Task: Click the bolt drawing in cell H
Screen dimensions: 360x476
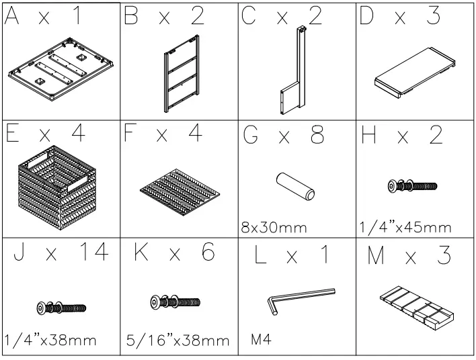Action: (x=413, y=186)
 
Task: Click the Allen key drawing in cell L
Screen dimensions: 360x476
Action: (x=300, y=299)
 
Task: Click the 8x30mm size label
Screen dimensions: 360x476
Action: (x=274, y=227)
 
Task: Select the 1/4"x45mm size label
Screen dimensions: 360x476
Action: (x=405, y=227)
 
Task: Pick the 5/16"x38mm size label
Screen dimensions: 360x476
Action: (x=177, y=341)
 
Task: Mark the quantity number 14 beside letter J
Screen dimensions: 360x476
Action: (x=93, y=254)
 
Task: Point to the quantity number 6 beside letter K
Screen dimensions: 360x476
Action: (x=206, y=254)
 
